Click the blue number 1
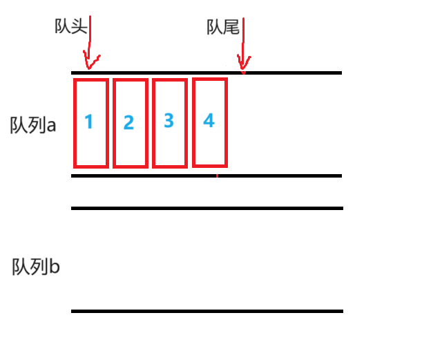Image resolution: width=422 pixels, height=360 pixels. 88,122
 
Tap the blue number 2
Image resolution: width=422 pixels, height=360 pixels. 128,123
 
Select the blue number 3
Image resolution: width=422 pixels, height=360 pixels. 169,121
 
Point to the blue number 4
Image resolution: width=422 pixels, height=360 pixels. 209,121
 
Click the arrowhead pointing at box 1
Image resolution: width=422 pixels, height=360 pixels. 90,64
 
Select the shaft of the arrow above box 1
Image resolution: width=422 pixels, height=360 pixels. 90,35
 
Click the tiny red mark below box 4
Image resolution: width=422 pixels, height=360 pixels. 217,176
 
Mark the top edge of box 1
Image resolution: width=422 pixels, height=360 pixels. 91,80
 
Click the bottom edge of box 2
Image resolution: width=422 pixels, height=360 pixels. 131,167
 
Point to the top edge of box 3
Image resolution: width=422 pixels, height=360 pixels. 170,80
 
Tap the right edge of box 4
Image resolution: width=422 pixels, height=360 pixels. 226,122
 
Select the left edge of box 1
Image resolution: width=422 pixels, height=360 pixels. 75,123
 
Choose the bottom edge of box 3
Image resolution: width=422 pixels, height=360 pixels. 170,167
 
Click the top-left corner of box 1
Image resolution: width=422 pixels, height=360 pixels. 75,80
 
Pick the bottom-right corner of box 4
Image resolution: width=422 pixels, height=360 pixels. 226,166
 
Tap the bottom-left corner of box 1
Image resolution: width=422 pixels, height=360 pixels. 75,167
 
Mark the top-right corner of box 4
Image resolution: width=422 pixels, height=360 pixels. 226,79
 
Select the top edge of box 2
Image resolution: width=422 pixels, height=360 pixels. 131,80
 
